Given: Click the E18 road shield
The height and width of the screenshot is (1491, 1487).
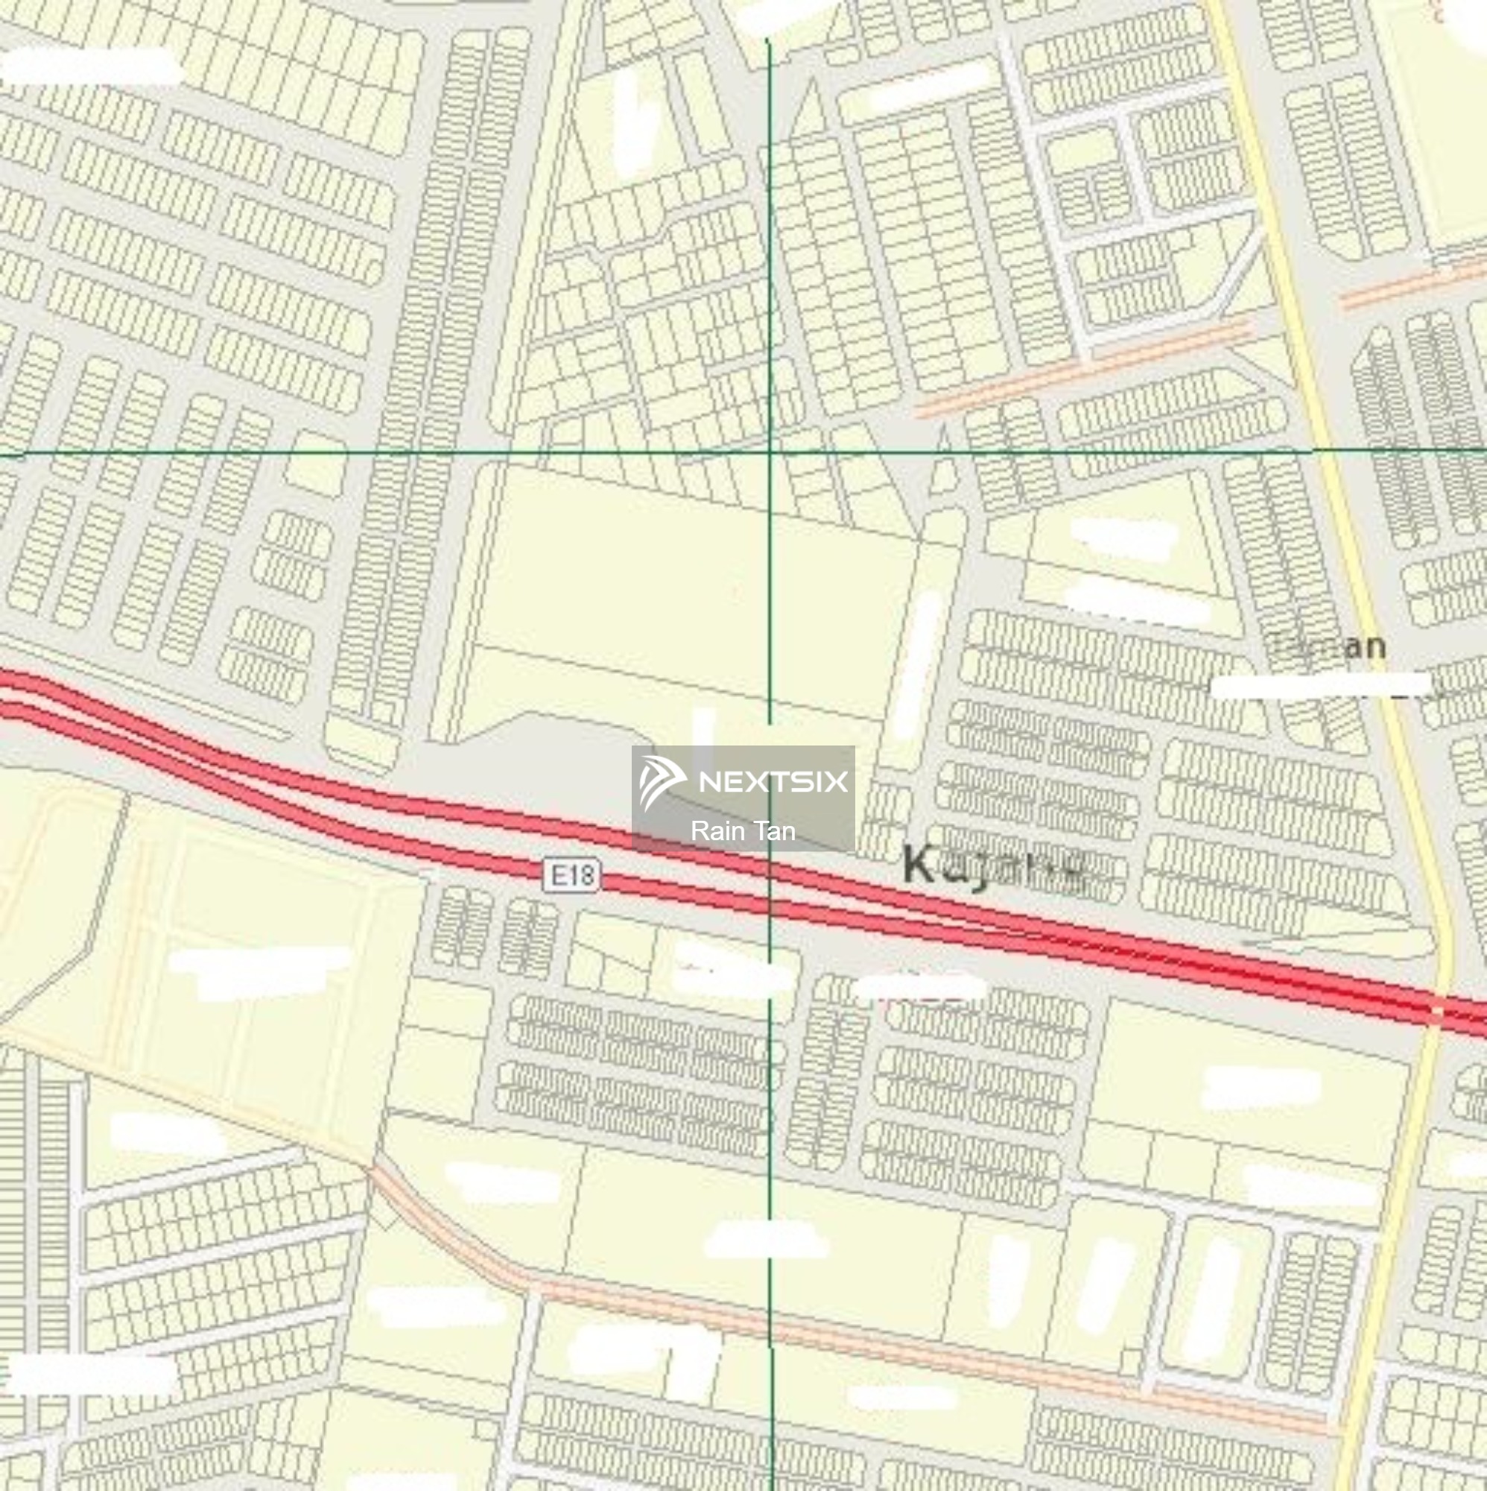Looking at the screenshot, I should tap(571, 875).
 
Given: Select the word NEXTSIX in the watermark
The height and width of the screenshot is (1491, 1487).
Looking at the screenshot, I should tap(773, 782).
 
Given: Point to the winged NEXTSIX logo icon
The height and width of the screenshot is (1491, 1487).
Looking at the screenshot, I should tap(662, 782).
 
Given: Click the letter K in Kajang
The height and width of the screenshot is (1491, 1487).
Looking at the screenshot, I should tap(919, 863).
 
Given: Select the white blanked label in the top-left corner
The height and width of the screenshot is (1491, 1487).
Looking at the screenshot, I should tap(91, 66).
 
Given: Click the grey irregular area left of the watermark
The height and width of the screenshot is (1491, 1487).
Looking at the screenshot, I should tap(540, 760).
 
